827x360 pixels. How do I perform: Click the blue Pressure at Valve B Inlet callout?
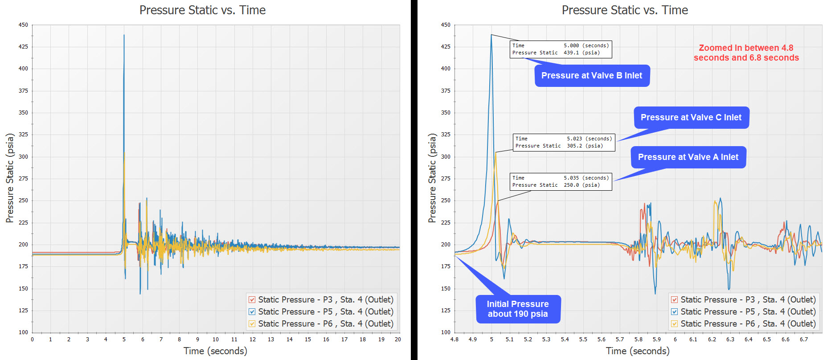pyautogui.click(x=592, y=76)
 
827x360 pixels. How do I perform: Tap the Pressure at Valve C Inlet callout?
pyautogui.click(x=691, y=118)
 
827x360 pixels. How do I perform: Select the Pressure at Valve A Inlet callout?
pyautogui.click(x=688, y=157)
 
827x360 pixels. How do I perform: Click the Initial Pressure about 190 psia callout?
pyautogui.click(x=517, y=309)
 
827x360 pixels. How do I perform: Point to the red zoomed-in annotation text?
pyautogui.click(x=746, y=53)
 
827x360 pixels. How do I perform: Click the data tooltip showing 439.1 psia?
pyautogui.click(x=561, y=49)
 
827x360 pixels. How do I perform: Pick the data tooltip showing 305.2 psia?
pyautogui.click(x=564, y=142)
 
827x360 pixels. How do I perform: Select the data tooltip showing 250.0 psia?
pyautogui.click(x=561, y=181)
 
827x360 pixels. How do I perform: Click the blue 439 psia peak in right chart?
pyautogui.click(x=491, y=35)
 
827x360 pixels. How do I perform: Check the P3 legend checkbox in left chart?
pyautogui.click(x=252, y=300)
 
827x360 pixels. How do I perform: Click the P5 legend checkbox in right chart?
pyautogui.click(x=675, y=312)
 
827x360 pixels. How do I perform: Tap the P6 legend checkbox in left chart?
pyautogui.click(x=252, y=324)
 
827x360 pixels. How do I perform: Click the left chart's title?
pyautogui.click(x=202, y=10)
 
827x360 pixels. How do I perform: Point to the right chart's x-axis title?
pyautogui.click(x=637, y=351)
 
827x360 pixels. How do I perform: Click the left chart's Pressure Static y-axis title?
pyautogui.click(x=10, y=178)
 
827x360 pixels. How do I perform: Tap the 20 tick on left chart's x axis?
pyautogui.click(x=397, y=340)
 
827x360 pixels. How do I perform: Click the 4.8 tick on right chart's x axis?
pyautogui.click(x=454, y=340)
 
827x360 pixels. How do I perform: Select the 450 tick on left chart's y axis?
pyautogui.click(x=23, y=25)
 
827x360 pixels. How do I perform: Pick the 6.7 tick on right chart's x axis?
pyautogui.click(x=803, y=340)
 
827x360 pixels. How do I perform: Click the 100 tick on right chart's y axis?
pyautogui.click(x=446, y=332)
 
